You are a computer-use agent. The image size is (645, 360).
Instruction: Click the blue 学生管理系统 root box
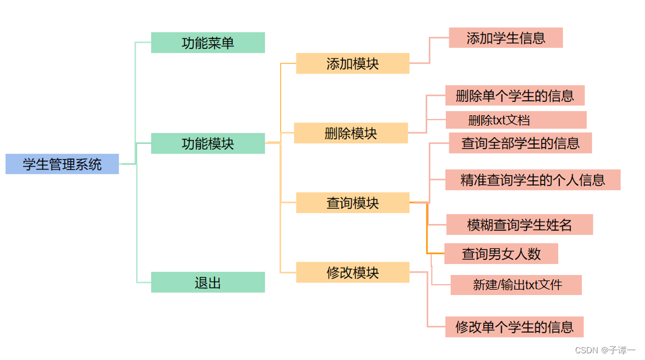(62, 164)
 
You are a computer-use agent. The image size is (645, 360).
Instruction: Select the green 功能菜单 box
(208, 42)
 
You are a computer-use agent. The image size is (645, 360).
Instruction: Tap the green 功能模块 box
(208, 143)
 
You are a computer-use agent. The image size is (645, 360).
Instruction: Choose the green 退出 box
(208, 282)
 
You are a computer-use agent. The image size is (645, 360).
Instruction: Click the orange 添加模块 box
(352, 63)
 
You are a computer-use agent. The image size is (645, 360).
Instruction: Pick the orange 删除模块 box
(350, 133)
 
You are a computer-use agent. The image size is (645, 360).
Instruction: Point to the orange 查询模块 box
(352, 203)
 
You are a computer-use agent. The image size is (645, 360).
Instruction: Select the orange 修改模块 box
(352, 272)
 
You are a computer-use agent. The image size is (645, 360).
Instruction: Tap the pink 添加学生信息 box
(505, 38)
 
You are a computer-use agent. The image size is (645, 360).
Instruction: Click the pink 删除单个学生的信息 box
(514, 95)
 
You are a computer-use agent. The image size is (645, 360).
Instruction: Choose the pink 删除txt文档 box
(516, 120)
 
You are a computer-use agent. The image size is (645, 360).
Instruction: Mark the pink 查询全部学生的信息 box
(520, 143)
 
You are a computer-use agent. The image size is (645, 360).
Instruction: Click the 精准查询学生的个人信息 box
(533, 180)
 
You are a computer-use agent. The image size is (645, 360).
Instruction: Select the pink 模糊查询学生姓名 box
(519, 225)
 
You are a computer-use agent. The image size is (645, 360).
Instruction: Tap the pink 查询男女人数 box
(501, 253)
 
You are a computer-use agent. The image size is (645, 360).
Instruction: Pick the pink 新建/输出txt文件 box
(516, 285)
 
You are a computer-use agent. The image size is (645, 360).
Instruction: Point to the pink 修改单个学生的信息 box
(514, 327)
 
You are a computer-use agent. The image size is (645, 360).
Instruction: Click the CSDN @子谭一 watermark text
(604, 350)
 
